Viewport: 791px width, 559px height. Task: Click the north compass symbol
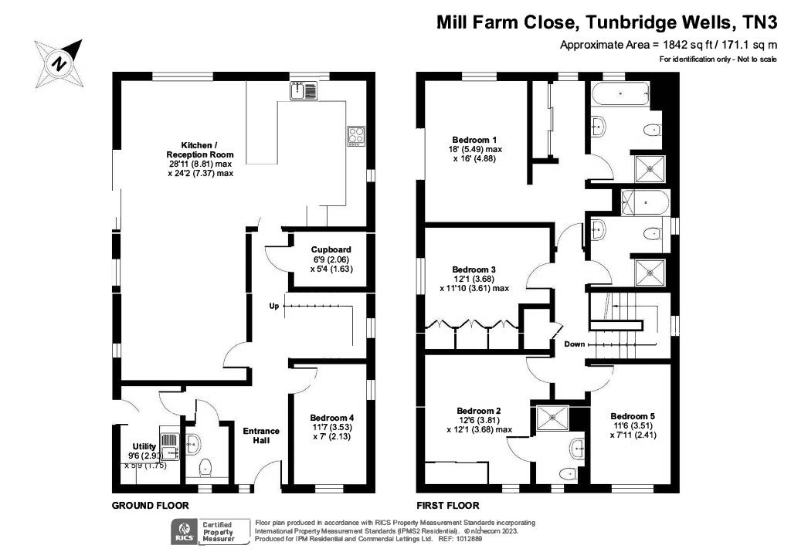pyautogui.click(x=59, y=64)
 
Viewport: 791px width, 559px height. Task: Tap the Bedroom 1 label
pyautogui.click(x=474, y=140)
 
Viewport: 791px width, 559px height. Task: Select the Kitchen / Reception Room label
pyautogui.click(x=200, y=150)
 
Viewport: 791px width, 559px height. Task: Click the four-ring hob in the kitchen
pyautogui.click(x=356, y=136)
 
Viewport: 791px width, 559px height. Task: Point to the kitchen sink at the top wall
pyautogui.click(x=303, y=90)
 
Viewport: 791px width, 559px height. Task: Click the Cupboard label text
pyautogui.click(x=331, y=249)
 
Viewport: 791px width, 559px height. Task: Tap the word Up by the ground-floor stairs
pyautogui.click(x=274, y=306)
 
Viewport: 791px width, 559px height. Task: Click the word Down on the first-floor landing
pyautogui.click(x=575, y=344)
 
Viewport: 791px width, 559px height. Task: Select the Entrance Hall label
pyautogui.click(x=261, y=435)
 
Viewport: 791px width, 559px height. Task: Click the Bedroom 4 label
pyautogui.click(x=332, y=418)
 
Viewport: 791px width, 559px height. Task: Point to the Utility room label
pyautogui.click(x=144, y=446)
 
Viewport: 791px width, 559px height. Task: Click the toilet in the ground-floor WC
pyautogui.click(x=205, y=467)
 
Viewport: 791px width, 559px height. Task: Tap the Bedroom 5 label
pyautogui.click(x=633, y=416)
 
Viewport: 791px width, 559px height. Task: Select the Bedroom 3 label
pyautogui.click(x=474, y=269)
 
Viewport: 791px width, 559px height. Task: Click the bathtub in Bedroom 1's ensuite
pyautogui.click(x=620, y=93)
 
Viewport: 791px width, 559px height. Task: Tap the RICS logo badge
pyautogui.click(x=185, y=532)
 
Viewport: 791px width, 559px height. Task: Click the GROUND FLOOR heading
pyautogui.click(x=151, y=506)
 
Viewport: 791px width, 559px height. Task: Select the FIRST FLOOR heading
pyautogui.click(x=448, y=506)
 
